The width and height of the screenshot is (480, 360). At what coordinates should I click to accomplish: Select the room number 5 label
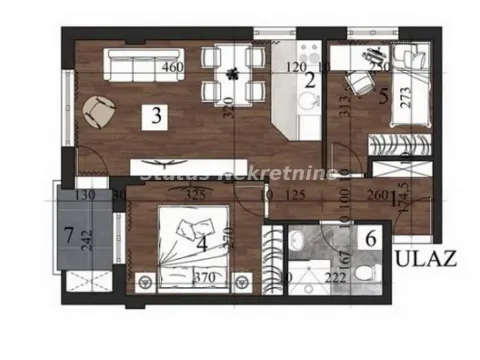pyautogui.click(x=385, y=98)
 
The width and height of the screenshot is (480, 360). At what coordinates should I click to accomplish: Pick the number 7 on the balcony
pyautogui.click(x=69, y=237)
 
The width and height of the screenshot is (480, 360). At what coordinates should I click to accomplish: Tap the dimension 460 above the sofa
pyautogui.click(x=171, y=69)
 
